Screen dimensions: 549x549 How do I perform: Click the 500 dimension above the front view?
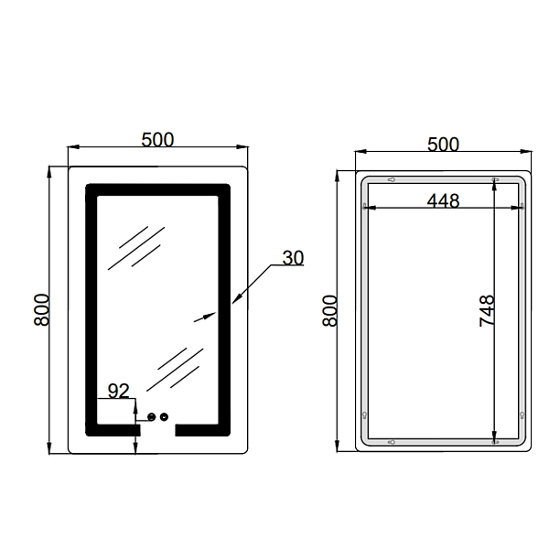click(x=157, y=140)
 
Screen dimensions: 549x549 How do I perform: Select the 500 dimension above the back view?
click(x=443, y=145)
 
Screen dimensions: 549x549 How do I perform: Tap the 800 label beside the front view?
click(x=42, y=310)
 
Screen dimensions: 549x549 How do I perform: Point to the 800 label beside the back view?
click(x=329, y=311)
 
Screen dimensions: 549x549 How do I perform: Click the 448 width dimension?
click(x=443, y=201)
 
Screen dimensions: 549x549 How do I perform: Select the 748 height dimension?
click(x=487, y=311)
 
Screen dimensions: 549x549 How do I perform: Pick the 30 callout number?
click(x=293, y=258)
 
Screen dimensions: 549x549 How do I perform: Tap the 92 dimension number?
click(x=119, y=391)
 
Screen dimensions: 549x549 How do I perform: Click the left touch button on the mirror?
click(x=152, y=416)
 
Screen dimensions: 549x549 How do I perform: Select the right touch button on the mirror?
click(x=164, y=416)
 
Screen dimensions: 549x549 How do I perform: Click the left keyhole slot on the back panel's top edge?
click(x=392, y=180)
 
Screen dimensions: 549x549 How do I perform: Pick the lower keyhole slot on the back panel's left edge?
click(x=364, y=415)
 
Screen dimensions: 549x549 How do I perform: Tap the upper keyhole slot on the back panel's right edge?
click(x=522, y=206)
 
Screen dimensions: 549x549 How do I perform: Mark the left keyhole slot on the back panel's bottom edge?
click(x=392, y=442)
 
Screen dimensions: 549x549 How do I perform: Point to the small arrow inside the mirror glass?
click(x=205, y=317)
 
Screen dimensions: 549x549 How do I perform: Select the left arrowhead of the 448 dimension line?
click(x=370, y=208)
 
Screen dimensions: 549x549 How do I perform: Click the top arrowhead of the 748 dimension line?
click(x=494, y=184)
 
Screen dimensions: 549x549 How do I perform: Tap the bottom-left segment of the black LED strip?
click(x=113, y=430)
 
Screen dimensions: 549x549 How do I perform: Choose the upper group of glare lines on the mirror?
click(x=136, y=248)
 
